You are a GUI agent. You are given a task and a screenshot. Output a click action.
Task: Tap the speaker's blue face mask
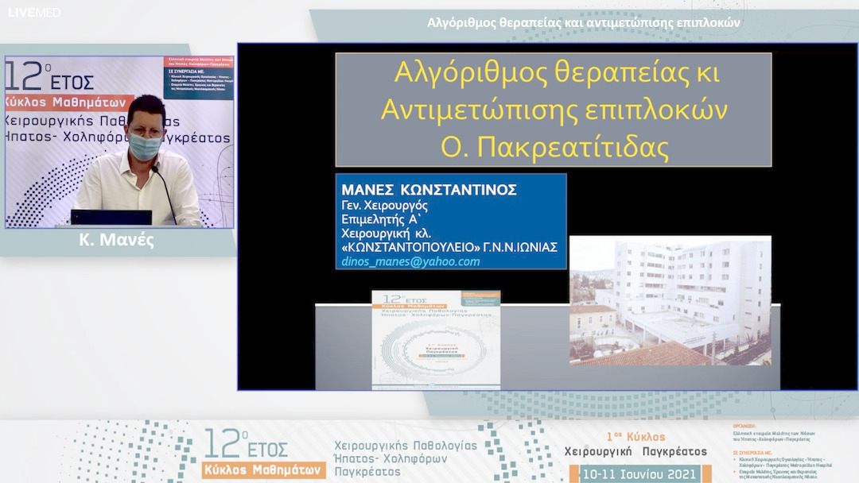click(x=146, y=145)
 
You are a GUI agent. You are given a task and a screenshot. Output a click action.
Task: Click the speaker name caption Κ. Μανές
click(x=117, y=240)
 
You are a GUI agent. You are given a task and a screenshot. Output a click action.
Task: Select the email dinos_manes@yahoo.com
click(x=410, y=261)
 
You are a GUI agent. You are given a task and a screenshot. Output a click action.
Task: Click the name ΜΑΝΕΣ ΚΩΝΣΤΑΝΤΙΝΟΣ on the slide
click(x=429, y=190)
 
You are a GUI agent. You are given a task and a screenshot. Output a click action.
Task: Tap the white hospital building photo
click(x=670, y=300)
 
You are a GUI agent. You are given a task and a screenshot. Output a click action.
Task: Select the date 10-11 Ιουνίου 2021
click(x=639, y=474)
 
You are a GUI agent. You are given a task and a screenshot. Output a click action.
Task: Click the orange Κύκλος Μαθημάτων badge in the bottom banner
click(x=264, y=469)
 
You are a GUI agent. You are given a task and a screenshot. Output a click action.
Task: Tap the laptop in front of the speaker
click(x=111, y=218)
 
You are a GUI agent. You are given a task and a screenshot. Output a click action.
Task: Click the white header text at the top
click(x=583, y=22)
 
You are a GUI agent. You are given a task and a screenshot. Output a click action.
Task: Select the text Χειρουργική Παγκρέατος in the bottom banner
click(x=635, y=452)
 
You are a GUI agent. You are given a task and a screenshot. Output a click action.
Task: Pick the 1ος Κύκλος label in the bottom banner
click(x=636, y=437)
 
